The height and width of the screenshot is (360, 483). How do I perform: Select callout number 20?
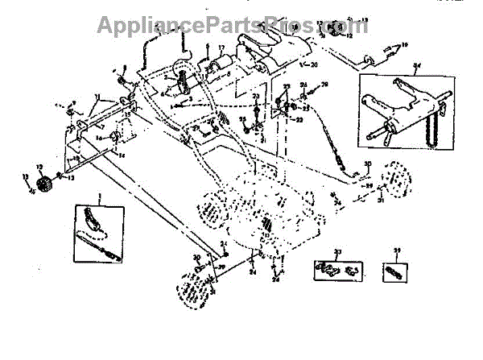pos(314,64)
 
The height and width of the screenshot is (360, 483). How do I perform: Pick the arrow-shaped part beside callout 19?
pos(390,52)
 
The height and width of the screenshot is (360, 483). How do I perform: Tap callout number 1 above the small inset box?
pos(100,197)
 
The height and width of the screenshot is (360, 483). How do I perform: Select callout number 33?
pos(338,254)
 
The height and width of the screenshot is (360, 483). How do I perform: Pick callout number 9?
pos(73,102)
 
